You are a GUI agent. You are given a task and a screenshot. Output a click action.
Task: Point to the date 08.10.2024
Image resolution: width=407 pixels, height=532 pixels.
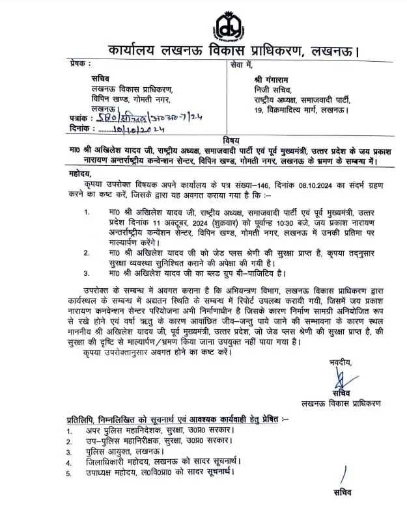pos(299,186)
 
